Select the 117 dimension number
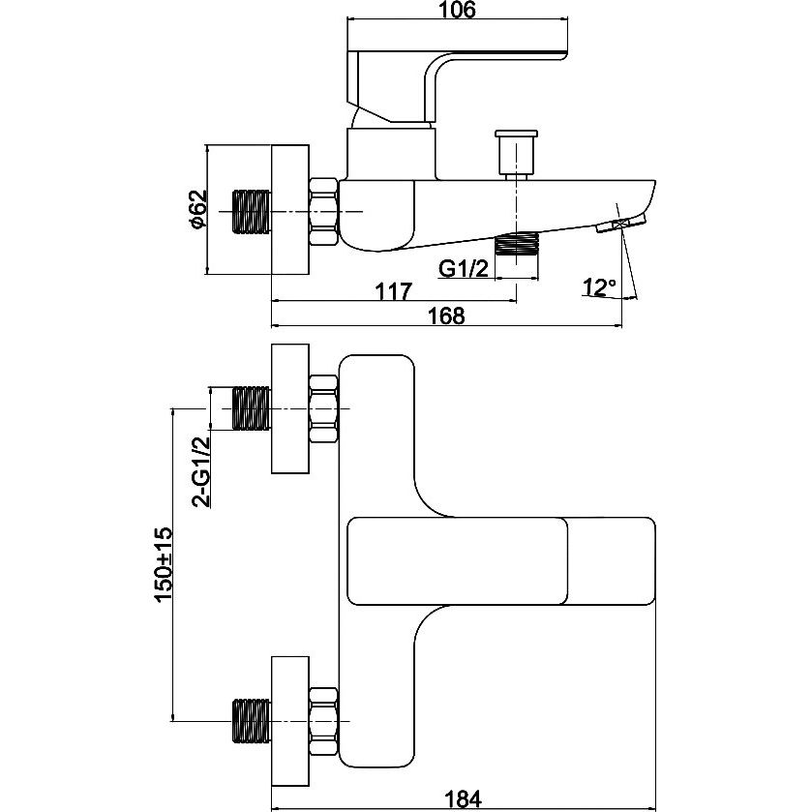point(394,290)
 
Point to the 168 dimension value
point(446,316)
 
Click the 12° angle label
point(600,286)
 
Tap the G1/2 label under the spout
point(461,269)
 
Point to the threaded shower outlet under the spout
point(516,243)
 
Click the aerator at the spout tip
point(613,226)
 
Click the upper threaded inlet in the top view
point(252,407)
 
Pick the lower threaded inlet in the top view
point(252,720)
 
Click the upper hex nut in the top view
point(324,407)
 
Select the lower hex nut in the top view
point(324,720)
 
